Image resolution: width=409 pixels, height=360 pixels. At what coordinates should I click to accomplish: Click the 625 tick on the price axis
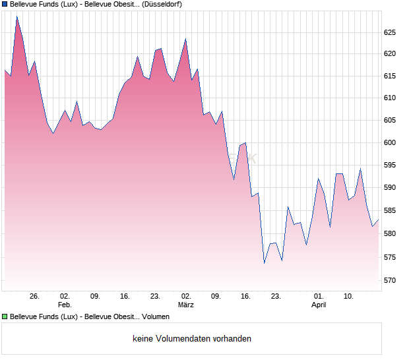[x=391, y=32]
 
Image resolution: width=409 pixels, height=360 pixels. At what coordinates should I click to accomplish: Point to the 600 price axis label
[x=391, y=142]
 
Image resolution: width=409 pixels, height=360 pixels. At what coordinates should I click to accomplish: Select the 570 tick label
[x=391, y=280]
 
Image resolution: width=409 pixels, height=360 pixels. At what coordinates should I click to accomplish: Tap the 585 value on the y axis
[x=391, y=211]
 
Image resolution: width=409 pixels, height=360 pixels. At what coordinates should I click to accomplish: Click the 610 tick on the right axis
[x=391, y=98]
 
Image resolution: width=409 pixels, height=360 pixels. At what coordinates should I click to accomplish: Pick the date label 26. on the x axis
[x=35, y=296]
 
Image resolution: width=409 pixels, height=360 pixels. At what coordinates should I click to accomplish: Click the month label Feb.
[x=65, y=305]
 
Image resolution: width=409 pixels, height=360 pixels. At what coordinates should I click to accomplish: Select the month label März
[x=186, y=305]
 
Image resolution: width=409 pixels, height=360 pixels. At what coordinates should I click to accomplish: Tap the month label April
[x=319, y=305]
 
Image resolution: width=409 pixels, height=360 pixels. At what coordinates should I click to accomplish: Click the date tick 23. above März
[x=156, y=296]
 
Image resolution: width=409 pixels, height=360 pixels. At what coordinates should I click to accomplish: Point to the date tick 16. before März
[x=125, y=296]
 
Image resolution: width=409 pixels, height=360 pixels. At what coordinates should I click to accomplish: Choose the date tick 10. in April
[x=349, y=296]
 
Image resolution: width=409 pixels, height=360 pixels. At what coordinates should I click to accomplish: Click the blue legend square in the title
[x=5, y=4]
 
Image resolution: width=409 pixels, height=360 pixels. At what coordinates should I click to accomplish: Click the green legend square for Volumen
[x=5, y=316]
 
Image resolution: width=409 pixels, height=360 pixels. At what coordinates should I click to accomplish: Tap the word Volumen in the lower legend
[x=155, y=316]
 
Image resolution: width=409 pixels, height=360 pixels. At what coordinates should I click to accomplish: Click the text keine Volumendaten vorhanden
[x=192, y=339]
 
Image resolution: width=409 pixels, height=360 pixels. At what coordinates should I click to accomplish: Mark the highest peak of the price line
[x=17, y=16]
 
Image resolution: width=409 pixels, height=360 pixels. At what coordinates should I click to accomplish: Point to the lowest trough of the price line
[x=264, y=264]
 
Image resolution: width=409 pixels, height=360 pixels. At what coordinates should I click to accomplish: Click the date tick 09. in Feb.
[x=95, y=296]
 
